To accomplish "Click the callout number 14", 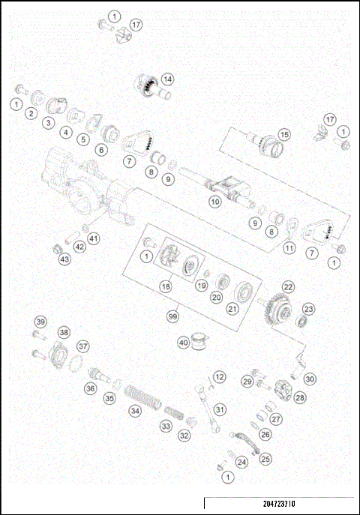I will tap(167, 78).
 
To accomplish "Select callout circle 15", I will tap(283, 135).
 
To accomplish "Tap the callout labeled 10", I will tap(214, 202).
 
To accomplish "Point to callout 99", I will tap(174, 318).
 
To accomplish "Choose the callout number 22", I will tap(288, 286).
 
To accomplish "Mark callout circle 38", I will tap(64, 332).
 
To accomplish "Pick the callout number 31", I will tap(219, 409).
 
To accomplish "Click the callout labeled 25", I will tap(266, 459).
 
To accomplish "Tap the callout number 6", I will tap(100, 149).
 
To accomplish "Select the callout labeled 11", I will tap(288, 247).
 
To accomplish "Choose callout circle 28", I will tap(300, 397).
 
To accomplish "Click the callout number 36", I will tap(90, 388).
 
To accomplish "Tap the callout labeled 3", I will tap(47, 122).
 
